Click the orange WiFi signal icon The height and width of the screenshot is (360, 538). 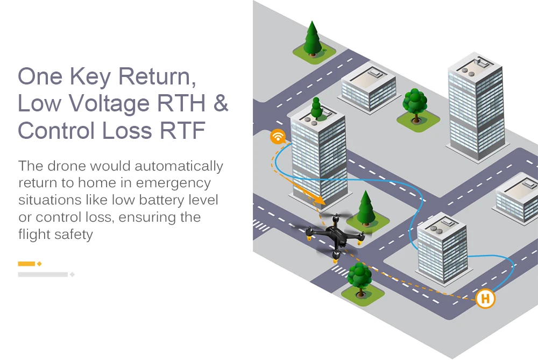278,136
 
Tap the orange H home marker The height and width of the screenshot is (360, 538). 485,298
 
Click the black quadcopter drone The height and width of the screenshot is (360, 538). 335,236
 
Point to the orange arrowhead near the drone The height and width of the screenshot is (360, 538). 321,200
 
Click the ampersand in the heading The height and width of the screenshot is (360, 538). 221,103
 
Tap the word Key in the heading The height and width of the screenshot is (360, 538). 90,77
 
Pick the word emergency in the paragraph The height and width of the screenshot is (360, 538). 173,183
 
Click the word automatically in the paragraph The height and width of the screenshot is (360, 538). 179,166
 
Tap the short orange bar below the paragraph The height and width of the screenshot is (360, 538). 26,264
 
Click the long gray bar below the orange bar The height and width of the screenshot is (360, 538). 43,274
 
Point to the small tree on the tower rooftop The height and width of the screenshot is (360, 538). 316,109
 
